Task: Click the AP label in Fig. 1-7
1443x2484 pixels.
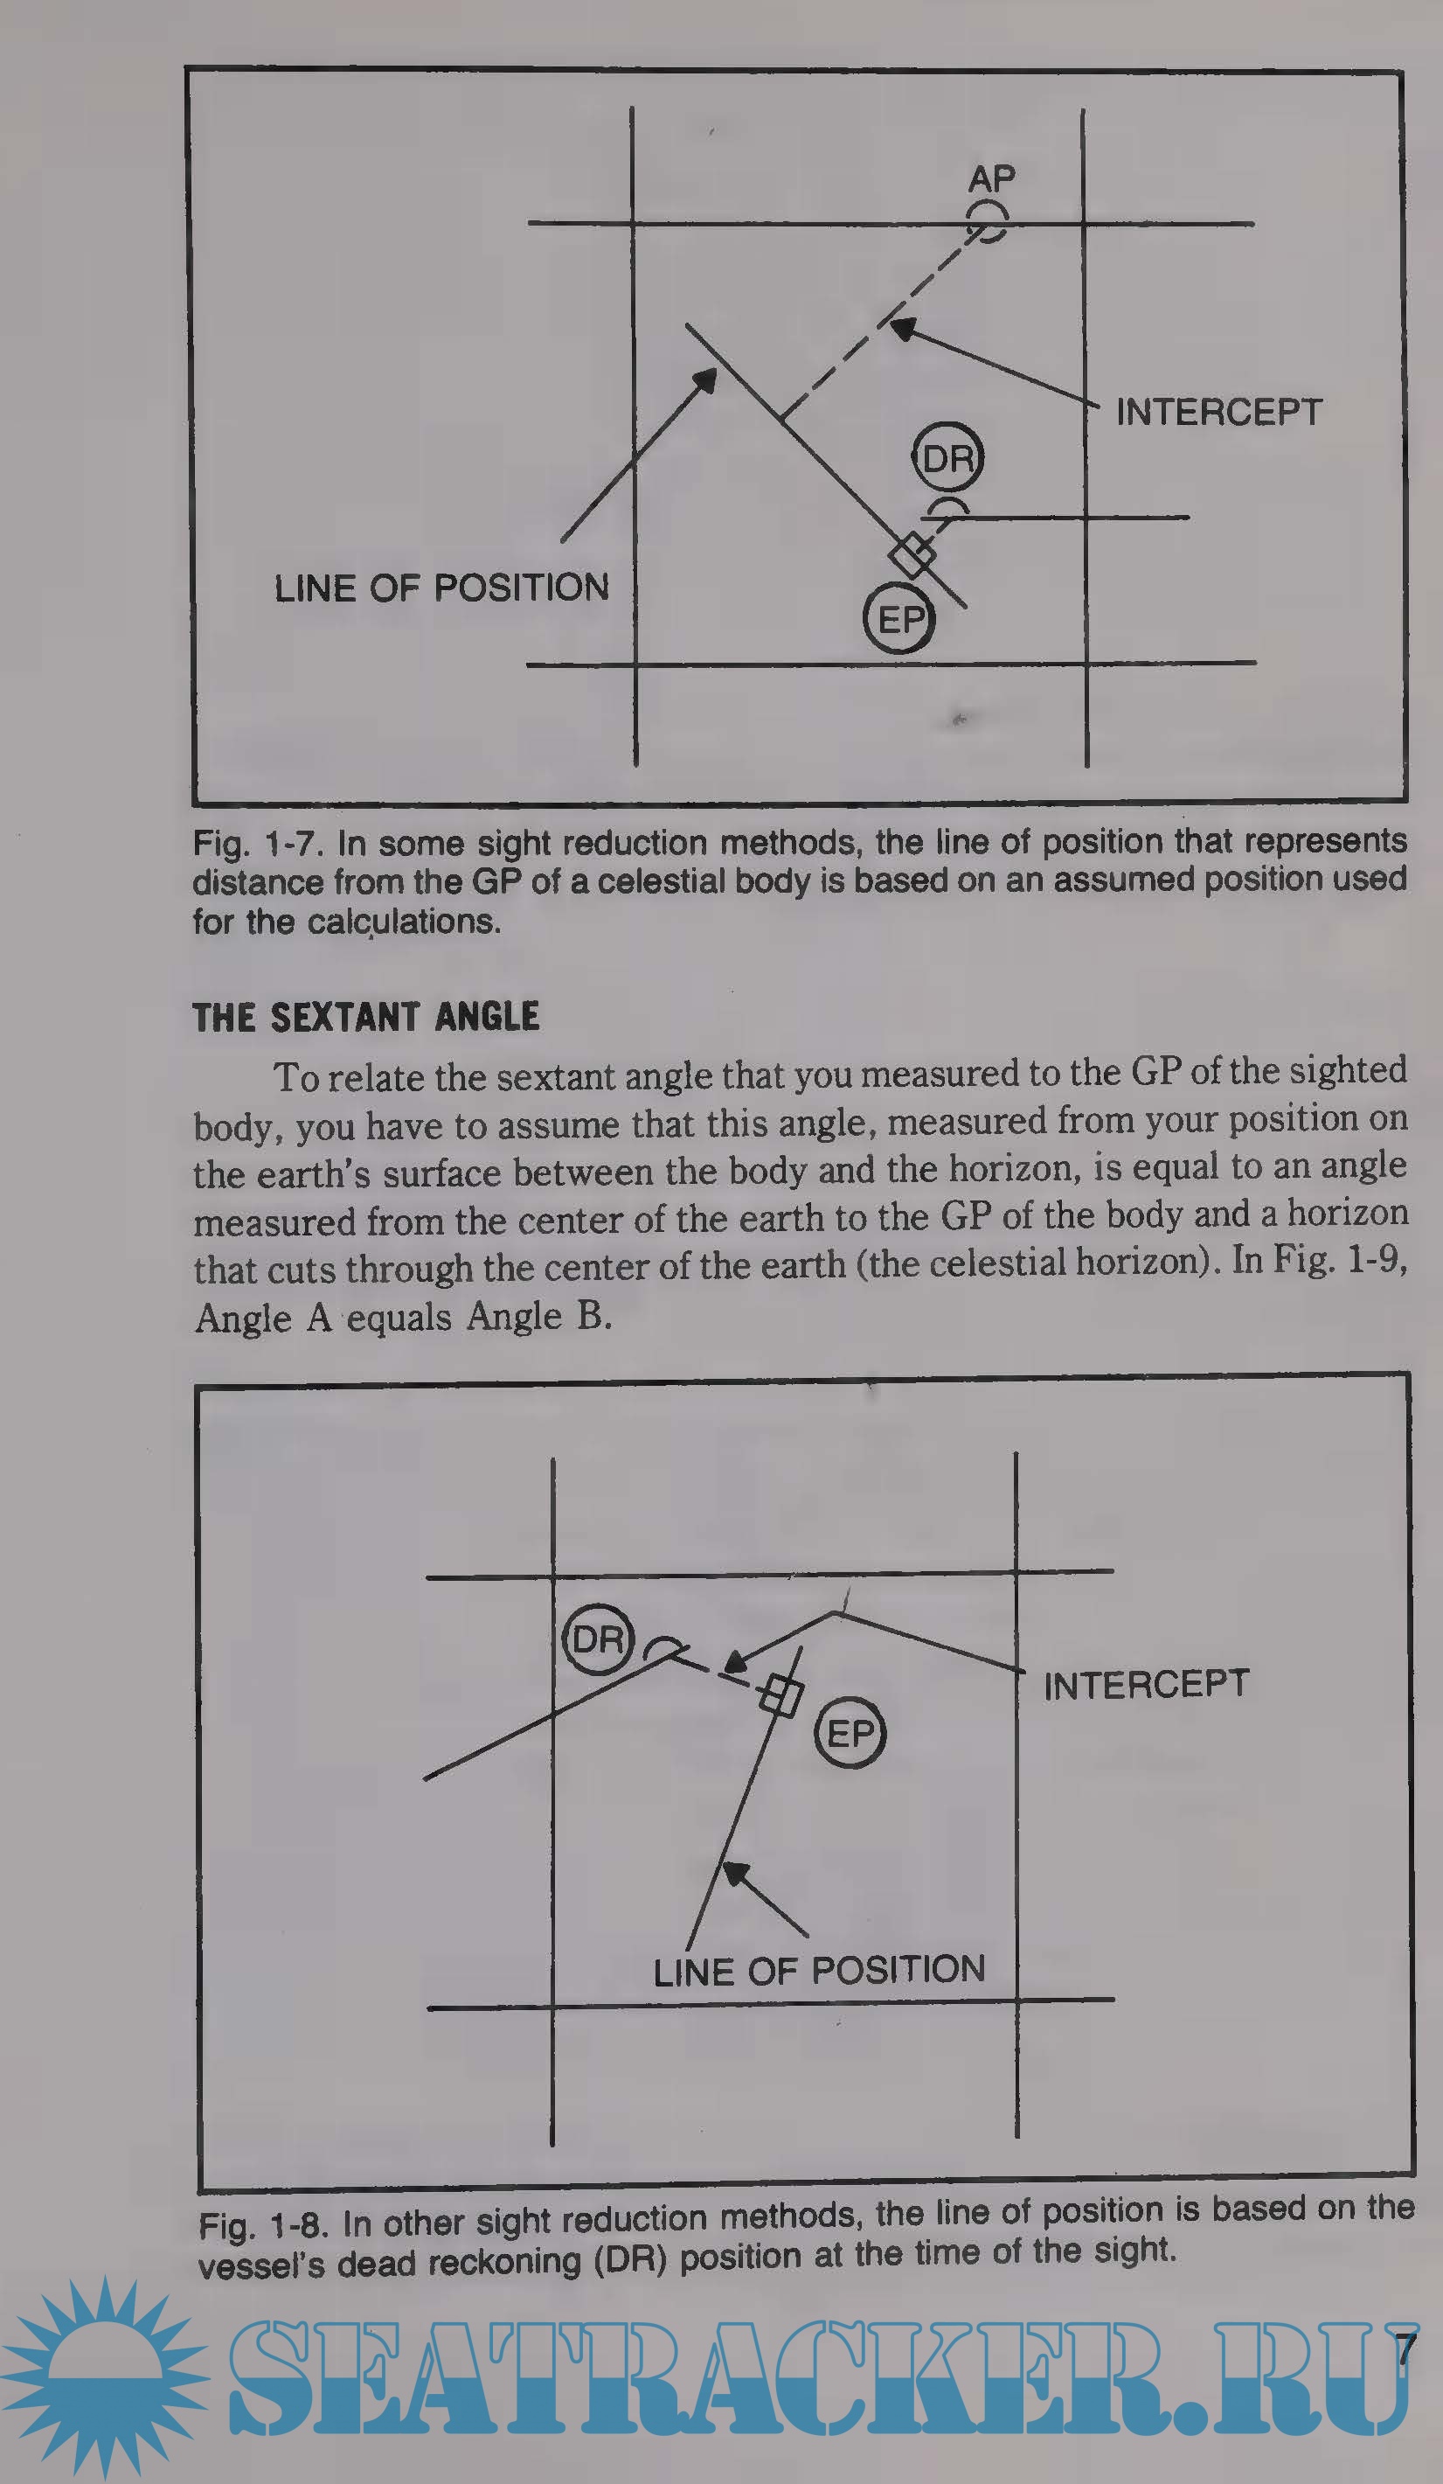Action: (990, 178)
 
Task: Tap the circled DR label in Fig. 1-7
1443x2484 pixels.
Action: (947, 457)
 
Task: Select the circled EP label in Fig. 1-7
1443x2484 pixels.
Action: (898, 619)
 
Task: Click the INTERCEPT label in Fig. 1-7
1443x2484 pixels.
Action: (1218, 412)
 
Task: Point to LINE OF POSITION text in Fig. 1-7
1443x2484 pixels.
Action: (441, 588)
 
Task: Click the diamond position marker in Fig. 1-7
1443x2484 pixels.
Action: (912, 555)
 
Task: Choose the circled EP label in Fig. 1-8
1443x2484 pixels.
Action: (850, 1733)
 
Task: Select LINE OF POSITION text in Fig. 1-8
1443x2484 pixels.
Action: (819, 1971)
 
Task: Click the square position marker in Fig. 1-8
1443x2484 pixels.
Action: (780, 1696)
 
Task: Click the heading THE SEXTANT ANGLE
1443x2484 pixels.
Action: (365, 1017)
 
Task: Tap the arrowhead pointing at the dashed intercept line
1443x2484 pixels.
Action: (902, 328)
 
